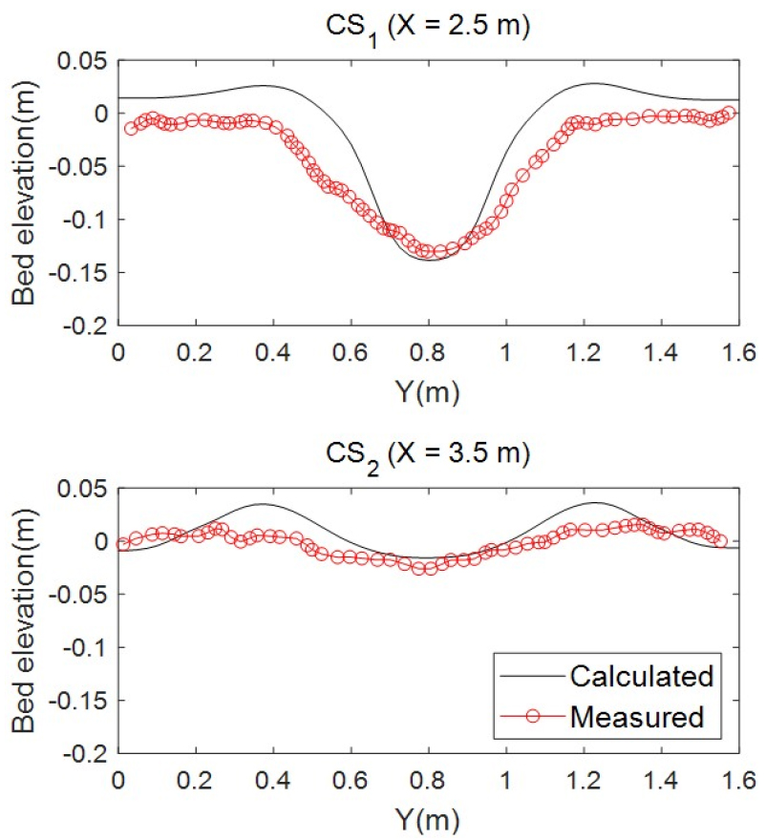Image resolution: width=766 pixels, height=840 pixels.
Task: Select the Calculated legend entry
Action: pyautogui.click(x=641, y=677)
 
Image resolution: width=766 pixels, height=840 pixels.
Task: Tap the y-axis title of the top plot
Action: pyautogui.click(x=26, y=192)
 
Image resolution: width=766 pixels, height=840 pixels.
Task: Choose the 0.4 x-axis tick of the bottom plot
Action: pyautogui.click(x=272, y=776)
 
